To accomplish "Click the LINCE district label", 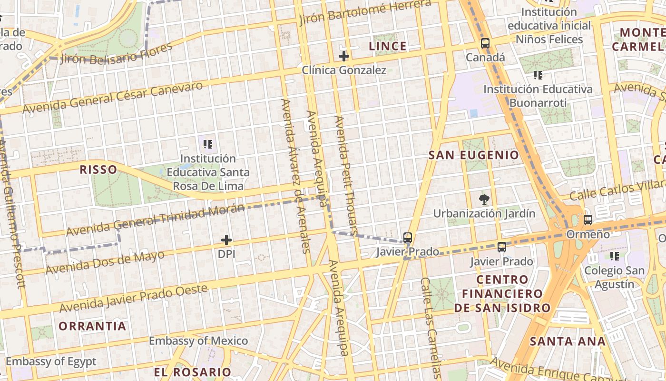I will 388,46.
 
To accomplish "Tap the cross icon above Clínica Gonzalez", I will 343,56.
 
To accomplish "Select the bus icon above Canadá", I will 485,43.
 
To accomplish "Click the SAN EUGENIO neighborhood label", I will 474,155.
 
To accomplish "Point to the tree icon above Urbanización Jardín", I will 484,199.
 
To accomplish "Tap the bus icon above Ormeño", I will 588,220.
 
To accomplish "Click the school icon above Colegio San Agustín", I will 615,256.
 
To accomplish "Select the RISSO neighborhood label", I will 98,170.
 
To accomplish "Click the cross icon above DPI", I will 226,240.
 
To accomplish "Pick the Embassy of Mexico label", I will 198,341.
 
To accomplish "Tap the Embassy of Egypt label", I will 51,361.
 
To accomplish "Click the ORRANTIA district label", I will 92,326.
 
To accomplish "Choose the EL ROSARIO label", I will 192,372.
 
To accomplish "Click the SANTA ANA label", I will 568,341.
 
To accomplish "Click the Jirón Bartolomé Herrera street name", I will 365,13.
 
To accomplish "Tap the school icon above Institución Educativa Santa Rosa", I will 208,144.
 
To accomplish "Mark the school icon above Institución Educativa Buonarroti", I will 538,75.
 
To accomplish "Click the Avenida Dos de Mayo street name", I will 105,262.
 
